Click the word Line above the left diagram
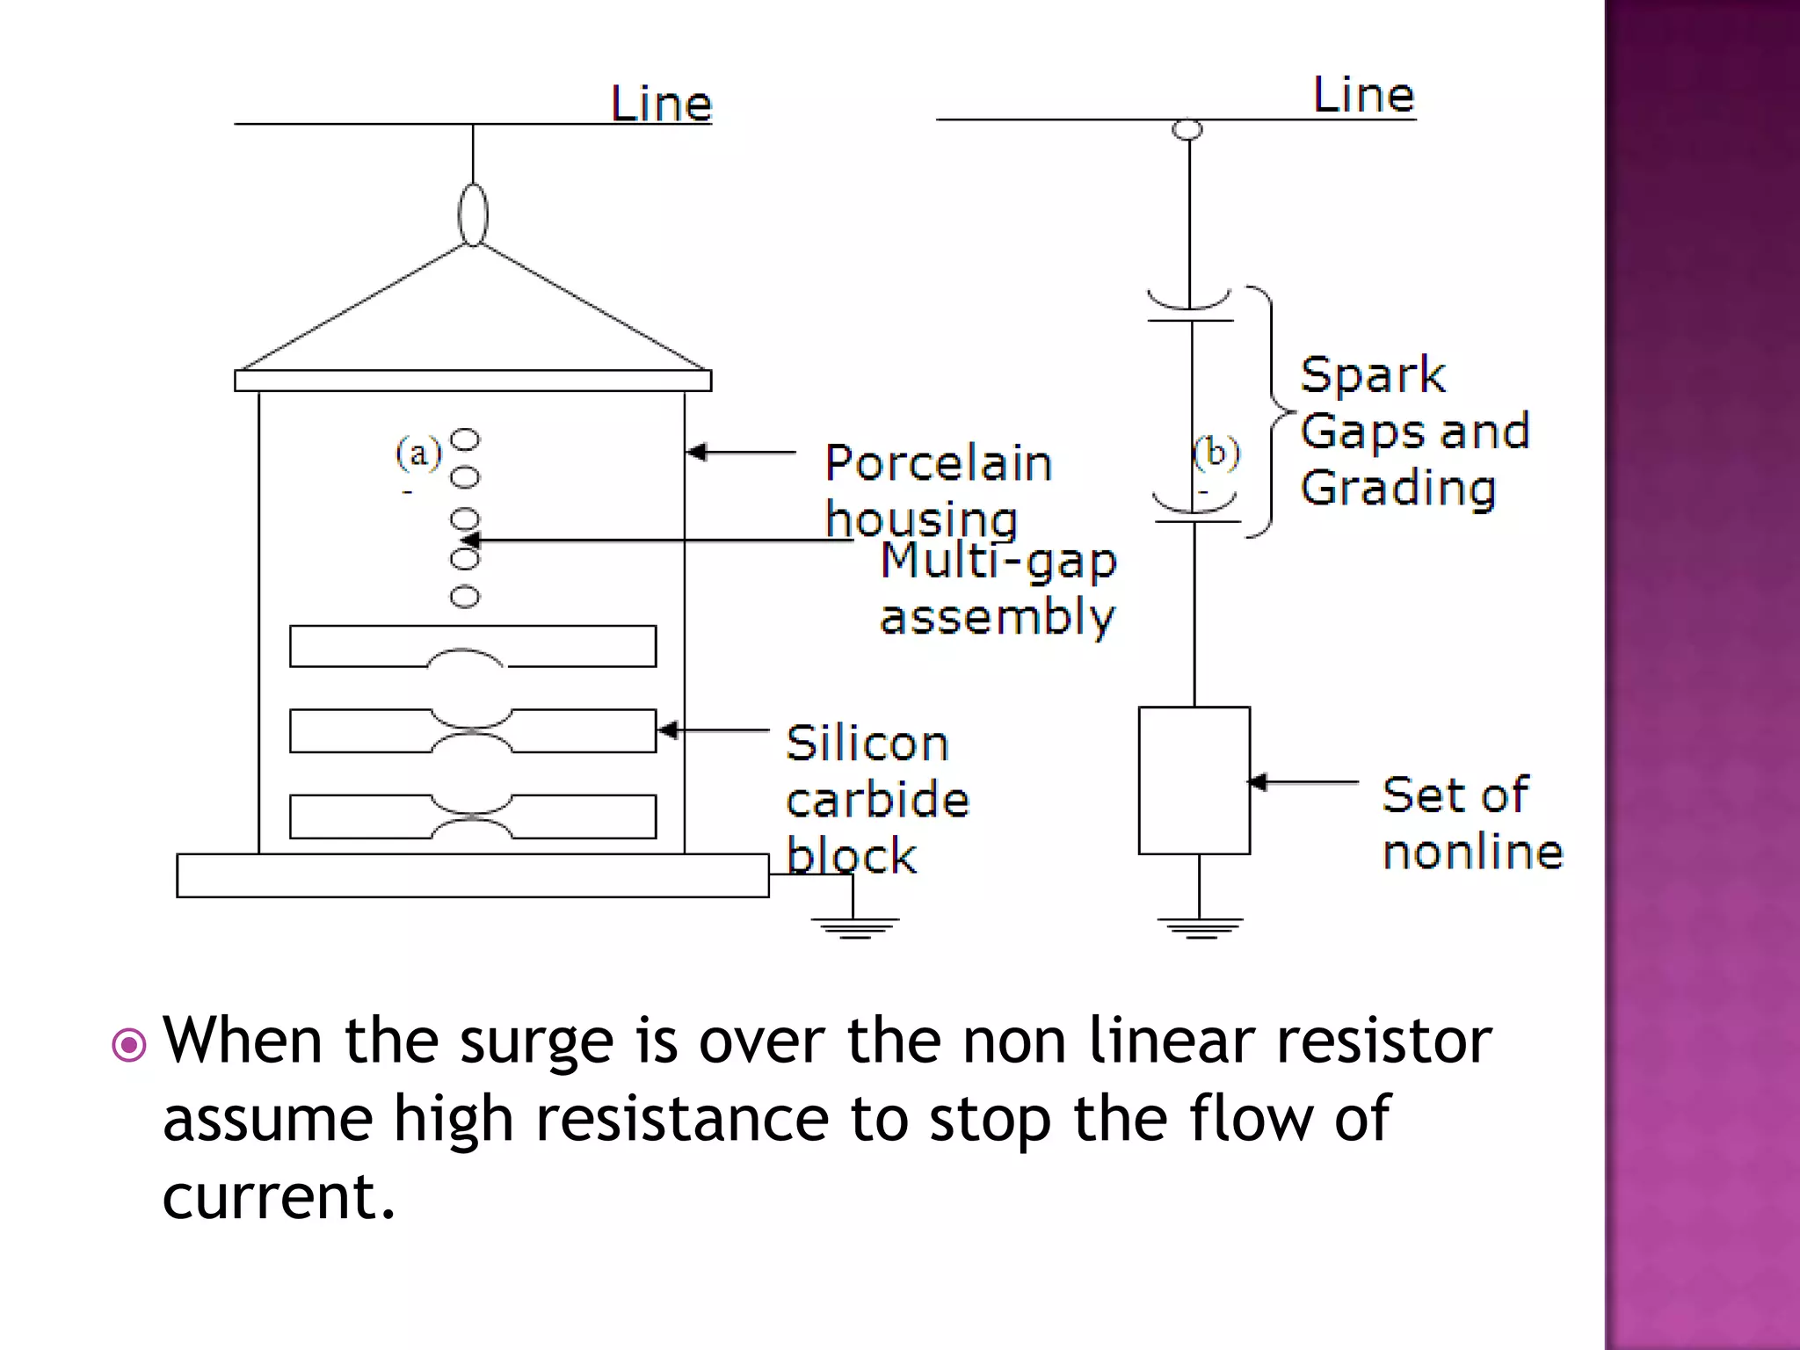tap(661, 104)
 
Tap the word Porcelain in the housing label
tap(938, 463)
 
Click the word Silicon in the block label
tap(867, 744)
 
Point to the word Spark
tap(1372, 375)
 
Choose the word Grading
tap(1398, 489)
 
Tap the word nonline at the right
tap(1472, 852)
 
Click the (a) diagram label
tap(417, 454)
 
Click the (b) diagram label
tap(1216, 453)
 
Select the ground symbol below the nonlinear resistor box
tap(1200, 927)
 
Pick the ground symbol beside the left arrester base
tap(853, 927)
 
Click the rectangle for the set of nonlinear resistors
tap(1194, 780)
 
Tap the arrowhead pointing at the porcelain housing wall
tap(697, 453)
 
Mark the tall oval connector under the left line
tap(473, 214)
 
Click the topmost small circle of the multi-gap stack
tap(465, 439)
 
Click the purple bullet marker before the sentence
tap(129, 1045)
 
